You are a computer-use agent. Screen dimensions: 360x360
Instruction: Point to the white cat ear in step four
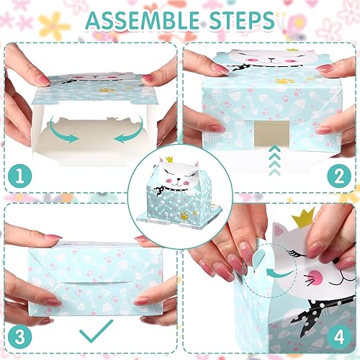(278, 229)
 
